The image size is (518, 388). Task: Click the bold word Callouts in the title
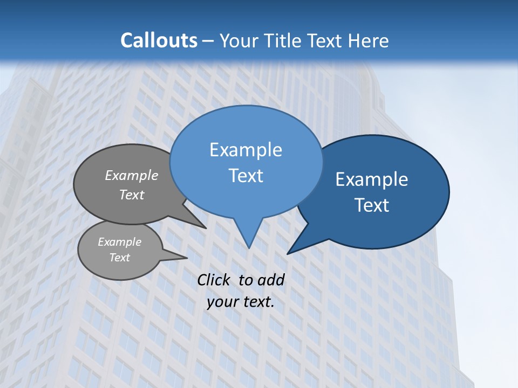(159, 40)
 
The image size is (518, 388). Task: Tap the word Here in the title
(368, 40)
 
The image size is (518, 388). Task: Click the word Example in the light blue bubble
(246, 150)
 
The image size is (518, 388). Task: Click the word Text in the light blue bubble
(246, 176)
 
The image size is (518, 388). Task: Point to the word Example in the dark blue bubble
(372, 179)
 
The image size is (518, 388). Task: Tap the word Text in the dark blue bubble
(372, 205)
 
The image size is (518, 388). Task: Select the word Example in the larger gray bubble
(132, 176)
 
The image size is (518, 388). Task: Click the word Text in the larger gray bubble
(132, 195)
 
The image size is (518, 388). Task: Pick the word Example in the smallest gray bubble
(119, 242)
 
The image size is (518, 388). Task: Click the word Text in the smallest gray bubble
(119, 258)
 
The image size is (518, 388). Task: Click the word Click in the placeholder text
(215, 280)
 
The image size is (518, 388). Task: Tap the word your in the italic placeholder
(221, 302)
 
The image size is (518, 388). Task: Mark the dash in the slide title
(208, 41)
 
